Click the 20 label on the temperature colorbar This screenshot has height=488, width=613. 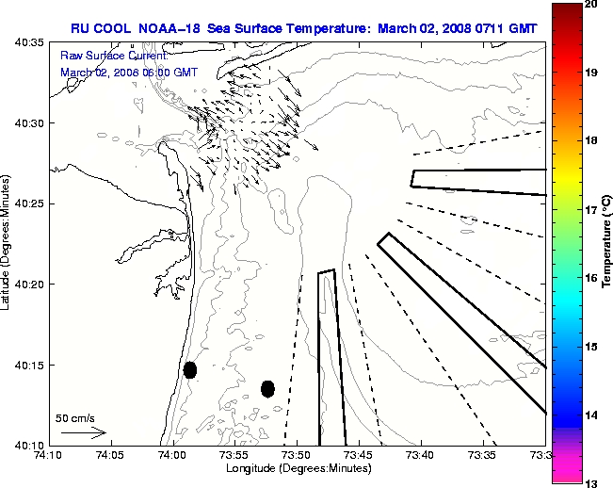click(590, 5)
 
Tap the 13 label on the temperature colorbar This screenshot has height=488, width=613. click(590, 482)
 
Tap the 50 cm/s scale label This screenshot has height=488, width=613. click(75, 417)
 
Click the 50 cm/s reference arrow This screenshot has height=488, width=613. click(82, 433)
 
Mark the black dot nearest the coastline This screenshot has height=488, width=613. click(190, 369)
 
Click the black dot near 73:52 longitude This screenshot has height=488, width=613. click(267, 388)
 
